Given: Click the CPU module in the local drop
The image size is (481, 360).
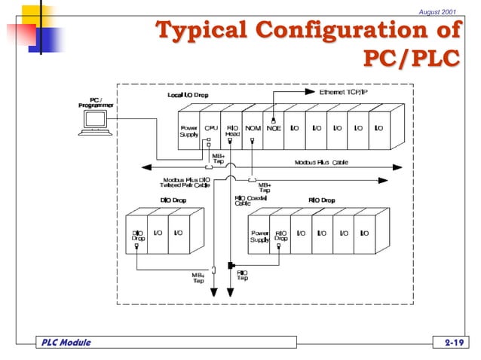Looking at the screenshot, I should (211, 131).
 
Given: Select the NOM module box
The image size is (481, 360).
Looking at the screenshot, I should (253, 131).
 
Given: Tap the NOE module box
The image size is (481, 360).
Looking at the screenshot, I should (274, 131).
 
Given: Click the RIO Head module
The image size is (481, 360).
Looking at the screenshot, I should (232, 131).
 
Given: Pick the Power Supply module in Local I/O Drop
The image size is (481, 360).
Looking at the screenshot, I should (189, 131).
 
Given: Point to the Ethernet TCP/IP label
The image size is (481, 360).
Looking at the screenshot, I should (343, 92).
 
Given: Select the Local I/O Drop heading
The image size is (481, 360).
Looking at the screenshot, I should (188, 96).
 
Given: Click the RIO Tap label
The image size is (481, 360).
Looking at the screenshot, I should (243, 276).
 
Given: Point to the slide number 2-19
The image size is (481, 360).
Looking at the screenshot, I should (454, 343).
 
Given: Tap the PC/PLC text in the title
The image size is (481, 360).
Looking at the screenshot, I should (411, 57).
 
